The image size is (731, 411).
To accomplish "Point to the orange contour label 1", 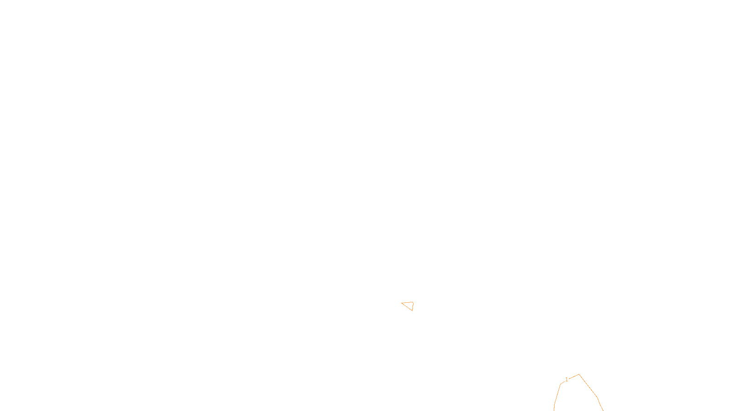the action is [567, 379].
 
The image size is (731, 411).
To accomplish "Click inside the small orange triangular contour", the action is [409, 305].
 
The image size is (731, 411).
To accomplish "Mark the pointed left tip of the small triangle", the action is [402, 303].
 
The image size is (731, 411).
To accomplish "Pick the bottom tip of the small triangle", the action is [412, 311].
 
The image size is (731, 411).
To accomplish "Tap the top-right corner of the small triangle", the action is [413, 302].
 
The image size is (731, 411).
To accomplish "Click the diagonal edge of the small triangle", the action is [407, 306].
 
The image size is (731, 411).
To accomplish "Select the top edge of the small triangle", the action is [408, 302].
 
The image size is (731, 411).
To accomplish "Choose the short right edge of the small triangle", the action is [413, 306].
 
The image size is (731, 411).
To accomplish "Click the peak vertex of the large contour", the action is [579, 374].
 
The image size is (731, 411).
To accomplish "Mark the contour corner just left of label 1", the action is [561, 384].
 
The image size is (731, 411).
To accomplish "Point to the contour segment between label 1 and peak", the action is [574, 377].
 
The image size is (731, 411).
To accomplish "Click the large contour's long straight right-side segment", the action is [588, 386].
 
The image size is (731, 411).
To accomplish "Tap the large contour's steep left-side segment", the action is [557, 395].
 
